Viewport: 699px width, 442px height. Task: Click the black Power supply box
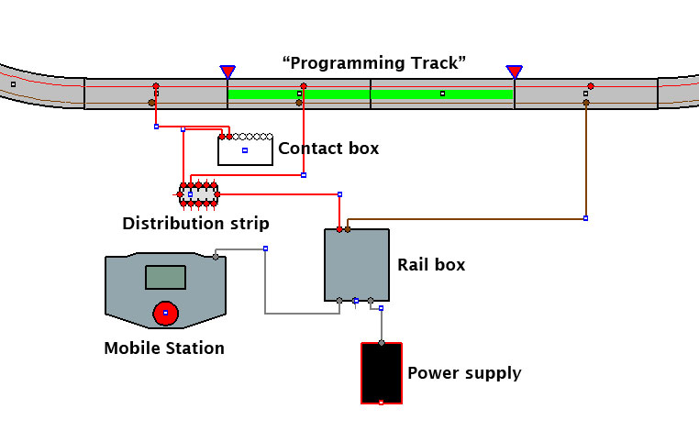pos(382,373)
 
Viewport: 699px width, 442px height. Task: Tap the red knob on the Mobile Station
pos(165,313)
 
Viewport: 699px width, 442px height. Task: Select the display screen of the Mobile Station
pos(165,277)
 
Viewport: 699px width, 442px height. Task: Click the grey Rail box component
pos(357,265)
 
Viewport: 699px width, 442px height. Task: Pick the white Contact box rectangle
pos(245,150)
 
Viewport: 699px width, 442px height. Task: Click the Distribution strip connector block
pos(198,194)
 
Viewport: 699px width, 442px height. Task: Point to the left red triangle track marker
pos(227,72)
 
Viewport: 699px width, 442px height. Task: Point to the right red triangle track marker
pos(514,72)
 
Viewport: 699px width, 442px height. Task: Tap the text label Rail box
pos(431,265)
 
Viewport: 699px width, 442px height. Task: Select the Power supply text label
pos(464,373)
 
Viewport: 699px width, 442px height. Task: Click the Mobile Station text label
pos(164,348)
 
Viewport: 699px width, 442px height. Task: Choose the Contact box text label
pos(328,149)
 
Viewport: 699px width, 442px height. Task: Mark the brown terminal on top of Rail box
pos(348,229)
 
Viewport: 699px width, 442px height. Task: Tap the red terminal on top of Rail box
pos(339,229)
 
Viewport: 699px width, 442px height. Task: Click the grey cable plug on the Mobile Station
pos(216,257)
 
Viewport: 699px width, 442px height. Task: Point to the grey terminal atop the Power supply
pos(382,343)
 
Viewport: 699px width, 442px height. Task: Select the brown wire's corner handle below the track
pos(586,218)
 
